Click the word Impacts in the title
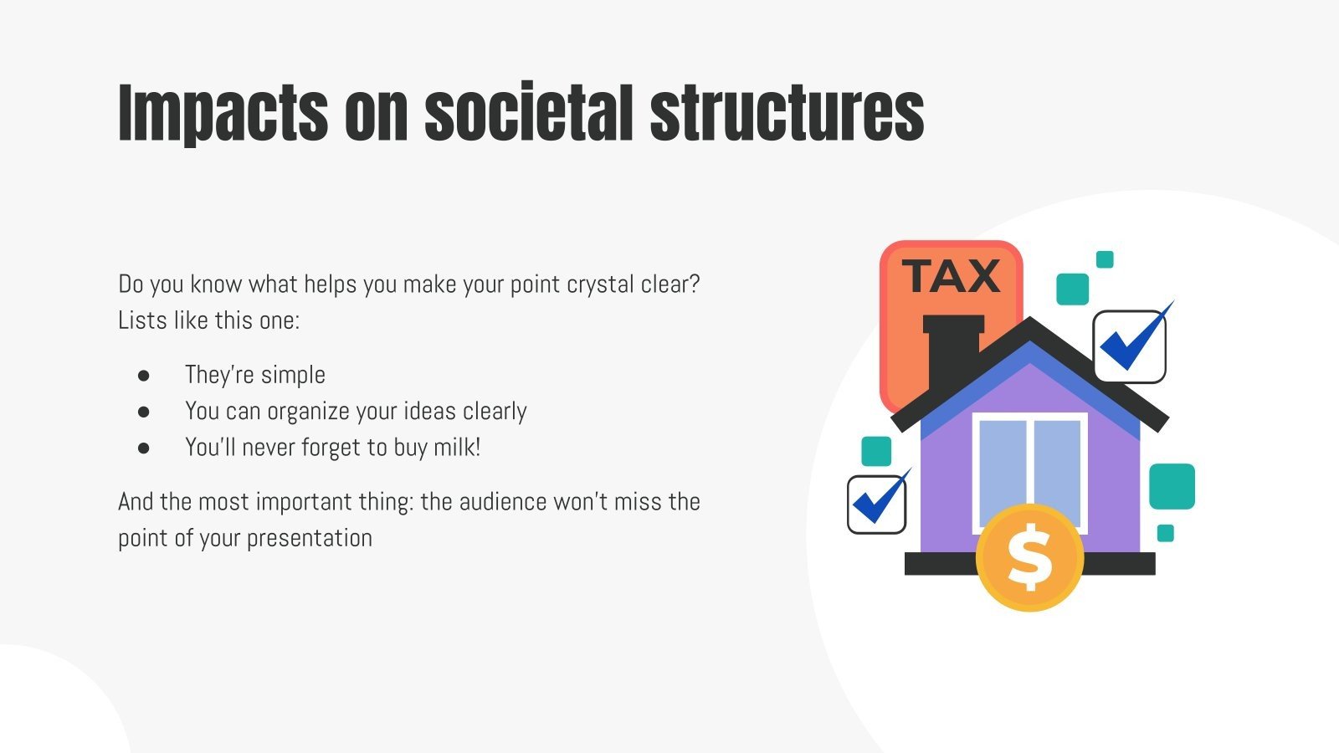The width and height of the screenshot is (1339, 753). coord(223,113)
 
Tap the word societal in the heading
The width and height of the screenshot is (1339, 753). coord(528,113)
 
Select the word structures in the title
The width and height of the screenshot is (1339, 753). coord(787,113)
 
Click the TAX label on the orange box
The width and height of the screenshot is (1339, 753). coord(952,276)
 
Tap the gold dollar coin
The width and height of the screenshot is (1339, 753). coord(1029,556)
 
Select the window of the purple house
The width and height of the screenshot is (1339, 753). coord(1029,473)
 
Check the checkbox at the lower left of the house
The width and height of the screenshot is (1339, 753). coord(876,505)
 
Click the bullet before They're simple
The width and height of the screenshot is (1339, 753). coord(144,376)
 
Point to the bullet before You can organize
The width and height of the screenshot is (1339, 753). coord(144,412)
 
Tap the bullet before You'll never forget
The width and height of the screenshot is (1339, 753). coord(144,448)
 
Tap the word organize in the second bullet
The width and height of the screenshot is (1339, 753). coord(309,412)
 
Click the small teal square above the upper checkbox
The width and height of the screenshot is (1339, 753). coord(1105,259)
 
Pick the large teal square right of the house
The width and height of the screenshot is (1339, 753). coord(1172,486)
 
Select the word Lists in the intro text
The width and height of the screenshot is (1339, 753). coord(142,320)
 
